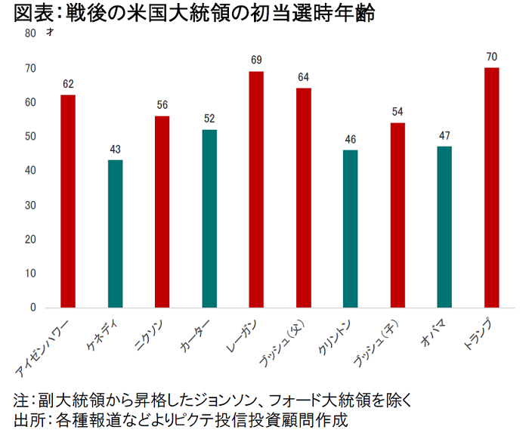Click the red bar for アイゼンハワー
tap(68, 201)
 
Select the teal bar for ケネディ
tap(115, 234)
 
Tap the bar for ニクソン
tap(162, 212)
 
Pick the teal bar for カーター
tap(209, 218)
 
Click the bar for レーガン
tap(256, 189)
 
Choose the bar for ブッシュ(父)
tap(303, 198)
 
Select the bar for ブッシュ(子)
tap(398, 215)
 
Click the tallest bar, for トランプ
tap(491, 187)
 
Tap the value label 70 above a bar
tap(491, 56)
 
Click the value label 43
tap(115, 149)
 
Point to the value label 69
tap(256, 59)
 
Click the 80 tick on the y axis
tap(29, 33)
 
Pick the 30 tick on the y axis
tap(29, 205)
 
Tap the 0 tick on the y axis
tap(32, 308)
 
